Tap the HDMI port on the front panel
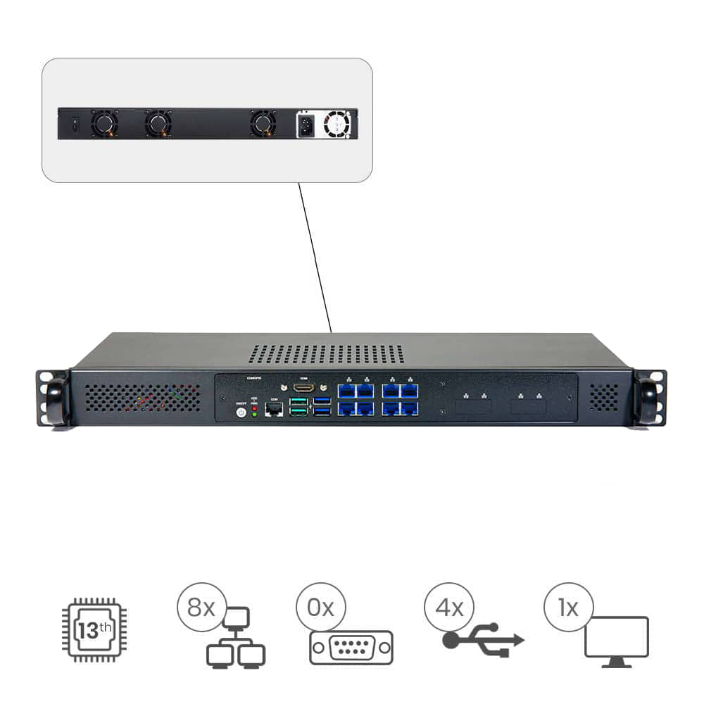click(x=303, y=388)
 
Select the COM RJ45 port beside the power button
click(x=272, y=410)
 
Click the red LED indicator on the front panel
click(x=254, y=408)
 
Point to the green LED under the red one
click(x=254, y=415)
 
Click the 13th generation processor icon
click(x=93, y=629)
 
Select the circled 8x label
click(x=201, y=607)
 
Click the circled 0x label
click(x=320, y=607)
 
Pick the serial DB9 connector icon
click(x=351, y=647)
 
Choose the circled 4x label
click(x=448, y=607)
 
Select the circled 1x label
click(x=568, y=607)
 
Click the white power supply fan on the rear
click(x=337, y=125)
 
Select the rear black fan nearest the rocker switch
click(x=104, y=124)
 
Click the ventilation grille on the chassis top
click(x=326, y=354)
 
